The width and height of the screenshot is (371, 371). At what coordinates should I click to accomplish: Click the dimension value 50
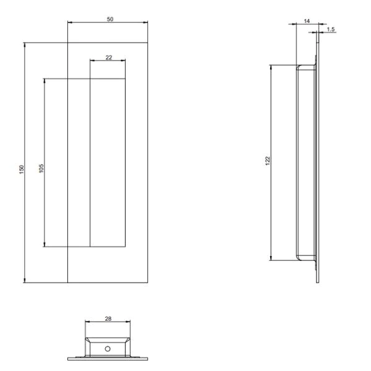(109, 20)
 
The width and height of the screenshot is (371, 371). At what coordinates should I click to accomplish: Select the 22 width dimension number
(109, 58)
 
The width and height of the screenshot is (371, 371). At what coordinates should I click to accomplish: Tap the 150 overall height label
(21, 169)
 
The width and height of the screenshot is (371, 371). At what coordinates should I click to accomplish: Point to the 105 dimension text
(41, 169)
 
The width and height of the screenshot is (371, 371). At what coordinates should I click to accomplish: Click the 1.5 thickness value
(331, 29)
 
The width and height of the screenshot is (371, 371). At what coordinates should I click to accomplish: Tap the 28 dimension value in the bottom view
(108, 319)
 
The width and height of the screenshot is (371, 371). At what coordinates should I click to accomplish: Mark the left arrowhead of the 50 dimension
(69, 23)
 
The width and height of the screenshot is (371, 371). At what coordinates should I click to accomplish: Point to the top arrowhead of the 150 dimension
(24, 45)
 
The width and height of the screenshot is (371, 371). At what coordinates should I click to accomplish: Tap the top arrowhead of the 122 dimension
(271, 66)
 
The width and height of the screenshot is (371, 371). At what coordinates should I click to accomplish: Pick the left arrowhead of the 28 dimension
(87, 323)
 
